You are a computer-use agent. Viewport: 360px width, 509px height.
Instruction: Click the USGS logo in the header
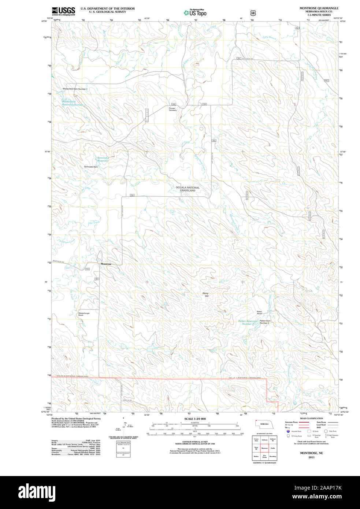(x=63, y=11)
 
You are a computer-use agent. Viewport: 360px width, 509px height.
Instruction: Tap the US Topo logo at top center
(x=195, y=12)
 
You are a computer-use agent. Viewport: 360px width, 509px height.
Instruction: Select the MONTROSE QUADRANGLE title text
(x=313, y=8)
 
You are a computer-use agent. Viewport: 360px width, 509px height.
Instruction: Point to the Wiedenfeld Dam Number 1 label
(x=75, y=89)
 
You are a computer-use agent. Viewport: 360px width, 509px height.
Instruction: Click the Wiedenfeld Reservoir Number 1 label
(x=73, y=103)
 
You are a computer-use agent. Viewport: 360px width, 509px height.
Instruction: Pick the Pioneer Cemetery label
(x=172, y=109)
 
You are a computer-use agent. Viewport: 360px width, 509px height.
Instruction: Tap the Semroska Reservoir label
(x=103, y=159)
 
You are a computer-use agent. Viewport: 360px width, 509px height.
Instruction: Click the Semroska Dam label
(x=91, y=167)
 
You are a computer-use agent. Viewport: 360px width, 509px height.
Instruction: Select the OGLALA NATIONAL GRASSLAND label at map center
(x=188, y=189)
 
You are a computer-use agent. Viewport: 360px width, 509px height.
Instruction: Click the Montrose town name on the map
(x=106, y=264)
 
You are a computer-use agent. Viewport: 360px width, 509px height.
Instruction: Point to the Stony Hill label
(x=205, y=294)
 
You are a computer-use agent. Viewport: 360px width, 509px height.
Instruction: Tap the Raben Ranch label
(x=259, y=313)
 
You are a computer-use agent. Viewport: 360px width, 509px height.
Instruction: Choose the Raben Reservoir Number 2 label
(x=248, y=322)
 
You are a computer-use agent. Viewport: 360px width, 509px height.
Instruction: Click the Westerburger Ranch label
(x=83, y=314)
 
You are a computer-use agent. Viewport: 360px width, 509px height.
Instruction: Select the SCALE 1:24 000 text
(x=195, y=419)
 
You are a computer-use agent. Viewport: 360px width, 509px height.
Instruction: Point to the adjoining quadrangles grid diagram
(x=264, y=448)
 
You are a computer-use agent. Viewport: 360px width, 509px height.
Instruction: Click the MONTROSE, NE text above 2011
(x=311, y=453)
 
